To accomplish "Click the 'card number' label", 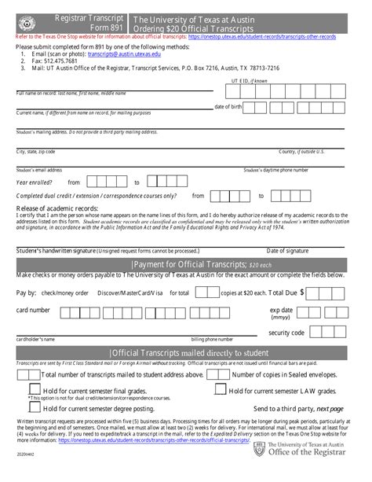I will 33,310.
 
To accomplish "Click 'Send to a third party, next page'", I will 298,409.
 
